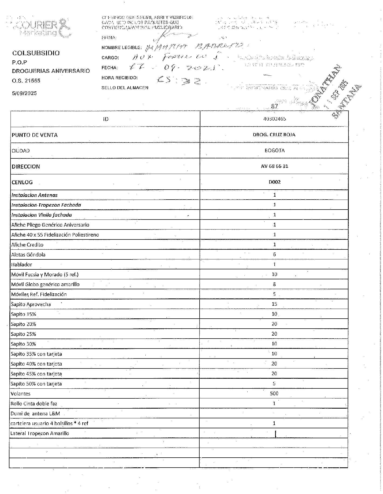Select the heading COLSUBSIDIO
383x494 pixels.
tap(36, 53)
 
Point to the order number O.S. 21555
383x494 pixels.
tap(26, 81)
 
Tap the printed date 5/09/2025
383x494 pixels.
tap(24, 93)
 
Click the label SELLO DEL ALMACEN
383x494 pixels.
tap(125, 88)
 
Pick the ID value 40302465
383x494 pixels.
tap(274, 119)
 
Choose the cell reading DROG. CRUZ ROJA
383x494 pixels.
tap(274, 135)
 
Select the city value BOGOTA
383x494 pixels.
tap(274, 151)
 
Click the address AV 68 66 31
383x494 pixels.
tap(274, 166)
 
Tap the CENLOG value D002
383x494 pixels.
tap(274, 182)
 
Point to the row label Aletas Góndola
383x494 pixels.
tap(28, 255)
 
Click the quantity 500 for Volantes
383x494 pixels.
tap(274, 394)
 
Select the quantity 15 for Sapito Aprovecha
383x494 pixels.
tap(274, 304)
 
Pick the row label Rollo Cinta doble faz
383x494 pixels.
tap(34, 403)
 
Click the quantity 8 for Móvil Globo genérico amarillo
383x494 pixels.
tap(274, 284)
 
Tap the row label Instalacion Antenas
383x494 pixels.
tap(34, 195)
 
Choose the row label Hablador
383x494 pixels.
tap(22, 265)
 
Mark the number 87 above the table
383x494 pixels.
tap(274, 106)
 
